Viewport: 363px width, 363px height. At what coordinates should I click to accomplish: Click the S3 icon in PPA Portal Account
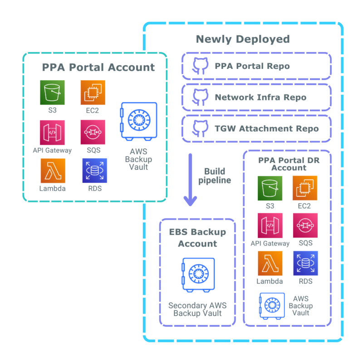point(52,93)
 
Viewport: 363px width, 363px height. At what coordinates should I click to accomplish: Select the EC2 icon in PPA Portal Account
point(93,93)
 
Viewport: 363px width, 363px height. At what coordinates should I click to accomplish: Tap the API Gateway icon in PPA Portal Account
point(52,132)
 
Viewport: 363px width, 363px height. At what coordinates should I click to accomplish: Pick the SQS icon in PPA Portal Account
point(93,132)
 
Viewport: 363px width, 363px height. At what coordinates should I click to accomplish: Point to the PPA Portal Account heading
point(98,68)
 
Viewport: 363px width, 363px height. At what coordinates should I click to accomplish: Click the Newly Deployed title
point(242,39)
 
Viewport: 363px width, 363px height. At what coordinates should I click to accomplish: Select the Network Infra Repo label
point(260,98)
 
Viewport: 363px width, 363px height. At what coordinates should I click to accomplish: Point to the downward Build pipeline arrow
point(190,180)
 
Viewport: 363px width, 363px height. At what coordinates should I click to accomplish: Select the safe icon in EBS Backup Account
point(197,275)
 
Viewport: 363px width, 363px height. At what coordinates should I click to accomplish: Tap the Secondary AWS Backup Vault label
point(197,309)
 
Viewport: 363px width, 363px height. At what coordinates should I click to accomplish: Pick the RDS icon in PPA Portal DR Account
point(305,264)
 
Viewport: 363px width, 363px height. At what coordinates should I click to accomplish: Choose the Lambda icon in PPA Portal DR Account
point(270,264)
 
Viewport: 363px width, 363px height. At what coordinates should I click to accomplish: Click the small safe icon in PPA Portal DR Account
point(272,305)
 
